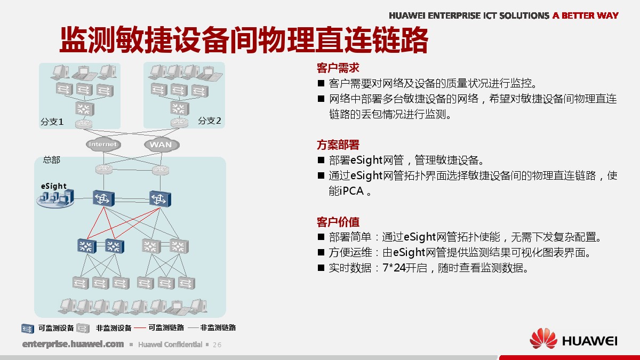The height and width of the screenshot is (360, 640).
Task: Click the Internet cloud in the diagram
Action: point(103,145)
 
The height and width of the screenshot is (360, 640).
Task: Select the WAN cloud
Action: point(162,145)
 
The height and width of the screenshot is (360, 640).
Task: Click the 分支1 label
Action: point(52,122)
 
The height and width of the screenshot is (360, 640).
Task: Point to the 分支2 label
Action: point(210,121)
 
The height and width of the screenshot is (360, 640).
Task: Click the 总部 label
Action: point(52,159)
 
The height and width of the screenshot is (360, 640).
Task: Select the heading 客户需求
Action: point(338,68)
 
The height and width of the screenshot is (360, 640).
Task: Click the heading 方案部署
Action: point(338,145)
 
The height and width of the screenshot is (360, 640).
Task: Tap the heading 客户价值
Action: point(338,222)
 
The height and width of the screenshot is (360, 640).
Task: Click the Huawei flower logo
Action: point(543,339)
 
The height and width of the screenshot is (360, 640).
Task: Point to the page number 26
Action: point(217,345)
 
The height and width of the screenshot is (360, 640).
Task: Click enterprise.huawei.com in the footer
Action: point(73,344)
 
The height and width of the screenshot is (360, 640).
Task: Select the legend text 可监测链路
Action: point(166,327)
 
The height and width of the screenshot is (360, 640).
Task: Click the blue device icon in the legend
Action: point(28,329)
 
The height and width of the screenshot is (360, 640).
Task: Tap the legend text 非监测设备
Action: point(114,328)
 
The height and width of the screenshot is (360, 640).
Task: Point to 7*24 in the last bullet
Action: point(394,268)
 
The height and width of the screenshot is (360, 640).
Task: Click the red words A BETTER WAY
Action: point(586,15)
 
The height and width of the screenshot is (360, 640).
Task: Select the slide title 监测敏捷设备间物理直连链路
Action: point(244,39)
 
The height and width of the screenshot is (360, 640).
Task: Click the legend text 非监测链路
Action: point(218,327)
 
